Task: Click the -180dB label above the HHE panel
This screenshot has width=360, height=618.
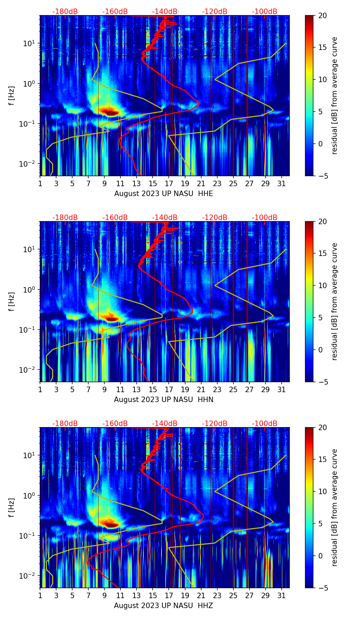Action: (65, 12)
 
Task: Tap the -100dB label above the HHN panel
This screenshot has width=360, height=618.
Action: (265, 218)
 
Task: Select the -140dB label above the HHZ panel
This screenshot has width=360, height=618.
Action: (165, 424)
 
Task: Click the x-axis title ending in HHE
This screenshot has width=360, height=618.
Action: (164, 194)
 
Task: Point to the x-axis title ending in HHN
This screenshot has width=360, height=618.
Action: (164, 400)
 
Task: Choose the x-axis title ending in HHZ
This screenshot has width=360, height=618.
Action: (164, 606)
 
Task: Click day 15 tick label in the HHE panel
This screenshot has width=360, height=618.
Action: (153, 184)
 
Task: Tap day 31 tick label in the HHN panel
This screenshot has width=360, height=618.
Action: (281, 390)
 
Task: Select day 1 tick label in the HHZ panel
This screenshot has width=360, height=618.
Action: (40, 596)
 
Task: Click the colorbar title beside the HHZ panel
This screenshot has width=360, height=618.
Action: (334, 507)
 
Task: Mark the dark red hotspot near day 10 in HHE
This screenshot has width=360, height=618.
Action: (109, 112)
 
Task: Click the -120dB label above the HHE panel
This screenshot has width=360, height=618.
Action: (215, 12)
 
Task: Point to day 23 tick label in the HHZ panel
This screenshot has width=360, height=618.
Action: (217, 596)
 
